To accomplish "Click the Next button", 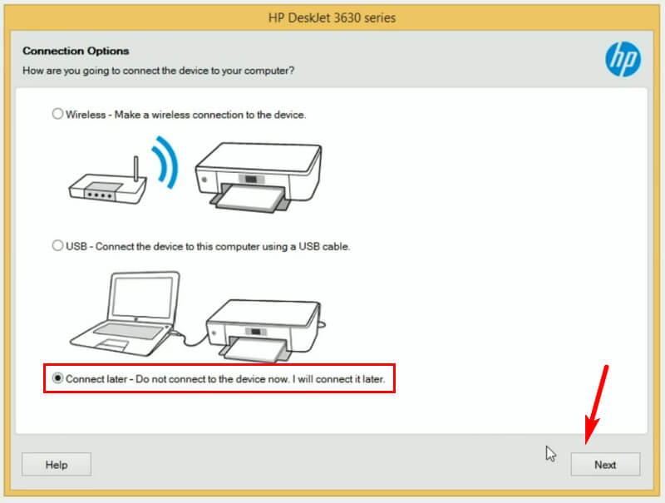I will tap(605, 464).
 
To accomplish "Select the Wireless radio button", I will tap(57, 114).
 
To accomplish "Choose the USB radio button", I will tap(57, 246).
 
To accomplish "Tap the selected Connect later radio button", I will tap(57, 378).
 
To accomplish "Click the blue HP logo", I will tap(623, 59).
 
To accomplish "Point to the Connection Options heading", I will tap(76, 52).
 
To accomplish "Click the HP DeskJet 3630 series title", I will tap(332, 17).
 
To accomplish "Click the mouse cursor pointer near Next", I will tap(550, 453).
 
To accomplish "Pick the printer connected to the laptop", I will tap(262, 324).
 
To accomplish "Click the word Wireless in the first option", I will tap(86, 115).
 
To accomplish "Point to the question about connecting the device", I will tap(158, 71).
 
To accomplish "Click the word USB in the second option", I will tap(76, 247).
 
